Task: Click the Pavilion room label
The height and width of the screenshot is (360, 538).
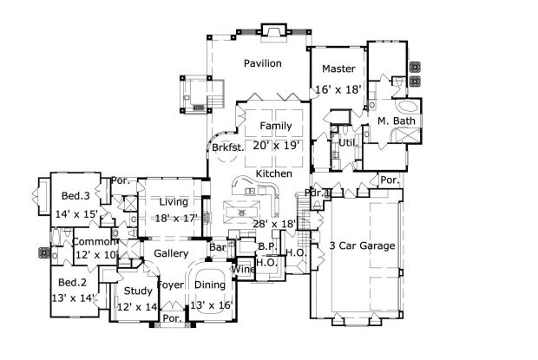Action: point(261,63)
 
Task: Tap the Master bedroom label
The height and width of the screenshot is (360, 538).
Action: point(334,69)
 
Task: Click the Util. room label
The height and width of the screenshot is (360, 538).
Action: point(349,141)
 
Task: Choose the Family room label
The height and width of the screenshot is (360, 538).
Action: point(275,127)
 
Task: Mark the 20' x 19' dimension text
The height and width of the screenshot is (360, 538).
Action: point(275,146)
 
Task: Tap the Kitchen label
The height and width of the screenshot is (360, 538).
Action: point(273,174)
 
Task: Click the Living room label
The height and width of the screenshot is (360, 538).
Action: point(173,202)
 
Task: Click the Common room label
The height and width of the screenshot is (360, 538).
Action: point(91,242)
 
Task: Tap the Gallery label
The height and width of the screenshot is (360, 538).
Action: point(171,252)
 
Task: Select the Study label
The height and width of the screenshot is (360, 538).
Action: point(137,291)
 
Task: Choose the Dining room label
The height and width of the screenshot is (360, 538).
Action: point(210,284)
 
